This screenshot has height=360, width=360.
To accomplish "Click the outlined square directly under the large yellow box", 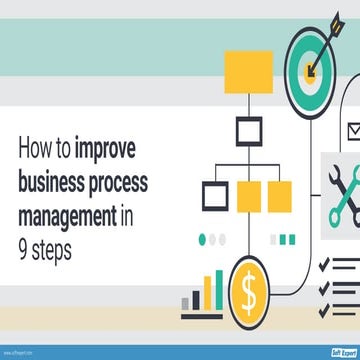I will tap(248, 130).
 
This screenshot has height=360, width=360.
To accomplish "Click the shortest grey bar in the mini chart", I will tap(186, 303).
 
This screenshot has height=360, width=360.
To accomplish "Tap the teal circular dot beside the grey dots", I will tap(204, 240).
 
